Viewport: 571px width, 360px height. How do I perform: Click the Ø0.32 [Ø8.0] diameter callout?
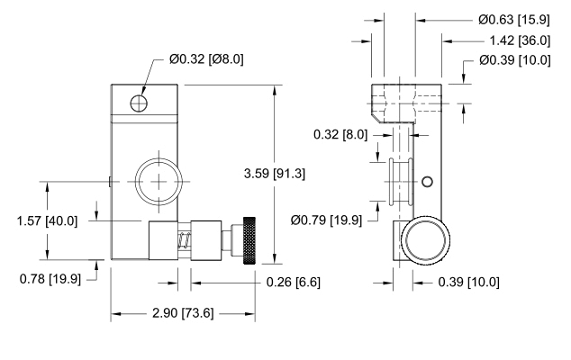(206, 59)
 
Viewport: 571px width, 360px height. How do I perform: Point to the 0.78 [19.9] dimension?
(50, 278)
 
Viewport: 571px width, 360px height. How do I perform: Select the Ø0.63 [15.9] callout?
(517, 18)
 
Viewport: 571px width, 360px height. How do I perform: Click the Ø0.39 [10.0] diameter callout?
(516, 60)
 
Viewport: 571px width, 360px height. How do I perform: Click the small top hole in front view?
(137, 104)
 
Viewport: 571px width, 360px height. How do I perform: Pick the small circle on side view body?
(427, 183)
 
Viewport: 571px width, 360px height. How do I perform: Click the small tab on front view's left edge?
(108, 181)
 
